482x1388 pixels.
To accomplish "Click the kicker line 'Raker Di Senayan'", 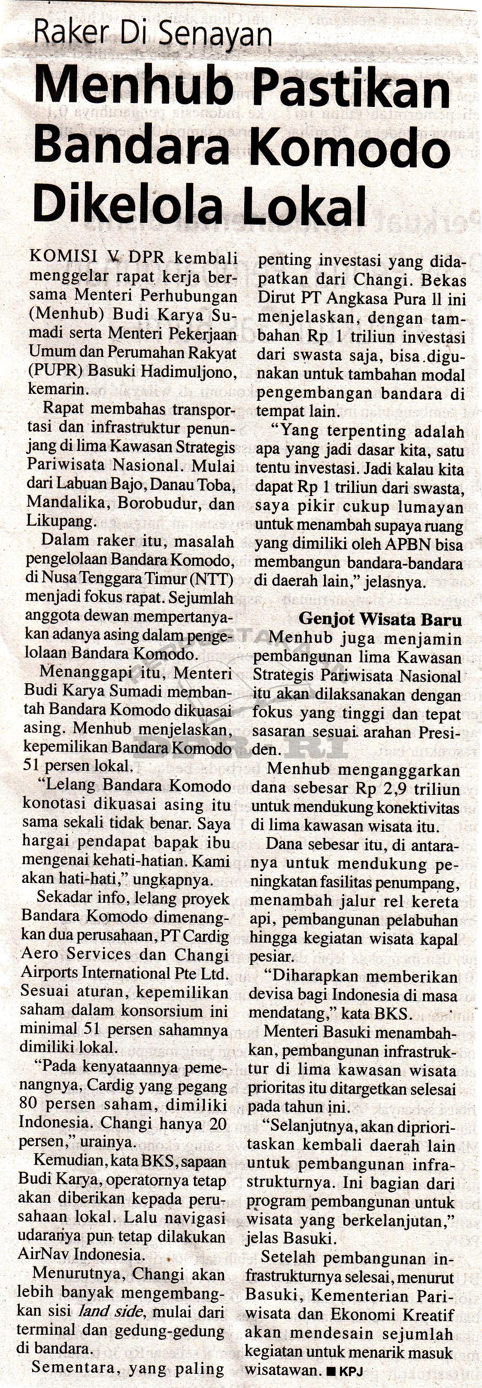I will tap(152, 33).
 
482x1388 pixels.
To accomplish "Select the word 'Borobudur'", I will tap(159, 504).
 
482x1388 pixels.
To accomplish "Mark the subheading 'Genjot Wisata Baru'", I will tap(380, 619).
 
